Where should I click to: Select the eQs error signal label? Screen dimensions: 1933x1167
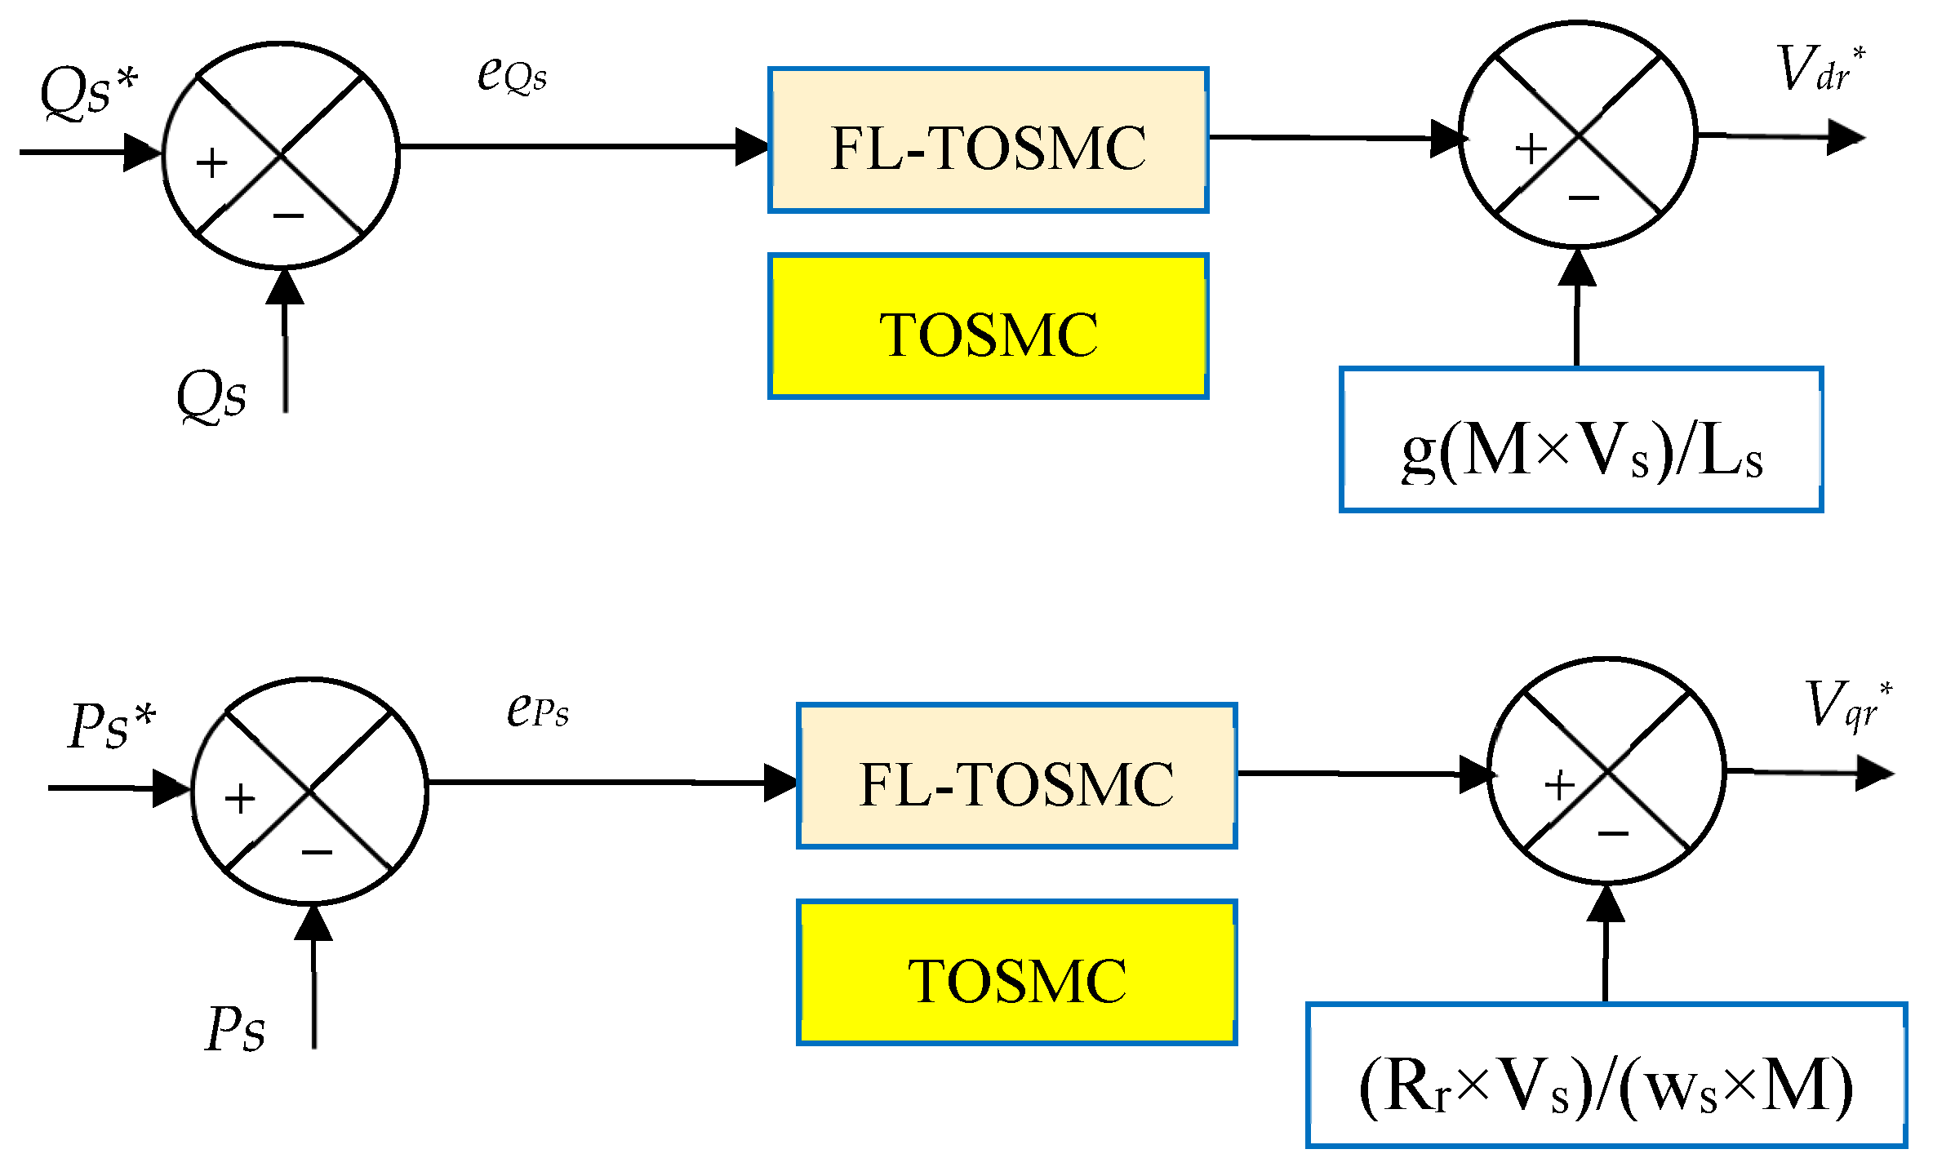[512, 75]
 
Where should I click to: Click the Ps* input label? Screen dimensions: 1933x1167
[112, 725]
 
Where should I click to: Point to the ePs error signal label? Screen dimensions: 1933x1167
[537, 709]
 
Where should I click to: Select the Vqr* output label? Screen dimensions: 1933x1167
[1849, 704]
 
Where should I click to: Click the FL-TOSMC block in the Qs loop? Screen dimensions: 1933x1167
[988, 140]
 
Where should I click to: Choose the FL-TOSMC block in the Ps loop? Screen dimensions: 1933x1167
[1016, 776]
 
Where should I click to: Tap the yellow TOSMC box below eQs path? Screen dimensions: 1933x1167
[988, 326]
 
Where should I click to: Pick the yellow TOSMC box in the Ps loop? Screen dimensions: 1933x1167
[1016, 973]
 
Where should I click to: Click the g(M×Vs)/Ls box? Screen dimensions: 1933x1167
[1581, 440]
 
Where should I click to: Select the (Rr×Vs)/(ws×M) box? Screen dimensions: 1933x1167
[1606, 1076]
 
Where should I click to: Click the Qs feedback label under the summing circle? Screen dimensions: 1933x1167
[211, 396]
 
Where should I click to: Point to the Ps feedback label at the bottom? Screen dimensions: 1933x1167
[235, 1028]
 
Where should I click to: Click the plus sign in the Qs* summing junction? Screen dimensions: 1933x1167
[211, 162]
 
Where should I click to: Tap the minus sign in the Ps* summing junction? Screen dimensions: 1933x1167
[317, 853]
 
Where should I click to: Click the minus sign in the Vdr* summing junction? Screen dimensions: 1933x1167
[1584, 197]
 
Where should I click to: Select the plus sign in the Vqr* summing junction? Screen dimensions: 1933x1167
[1560, 786]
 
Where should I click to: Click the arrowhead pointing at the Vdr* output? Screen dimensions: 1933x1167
[1846, 137]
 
